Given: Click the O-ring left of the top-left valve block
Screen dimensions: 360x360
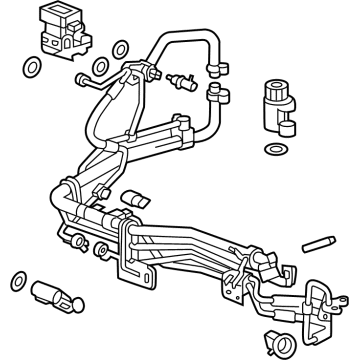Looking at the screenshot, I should [32, 68].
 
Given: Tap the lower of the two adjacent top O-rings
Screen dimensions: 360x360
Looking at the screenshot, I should [122, 49].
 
